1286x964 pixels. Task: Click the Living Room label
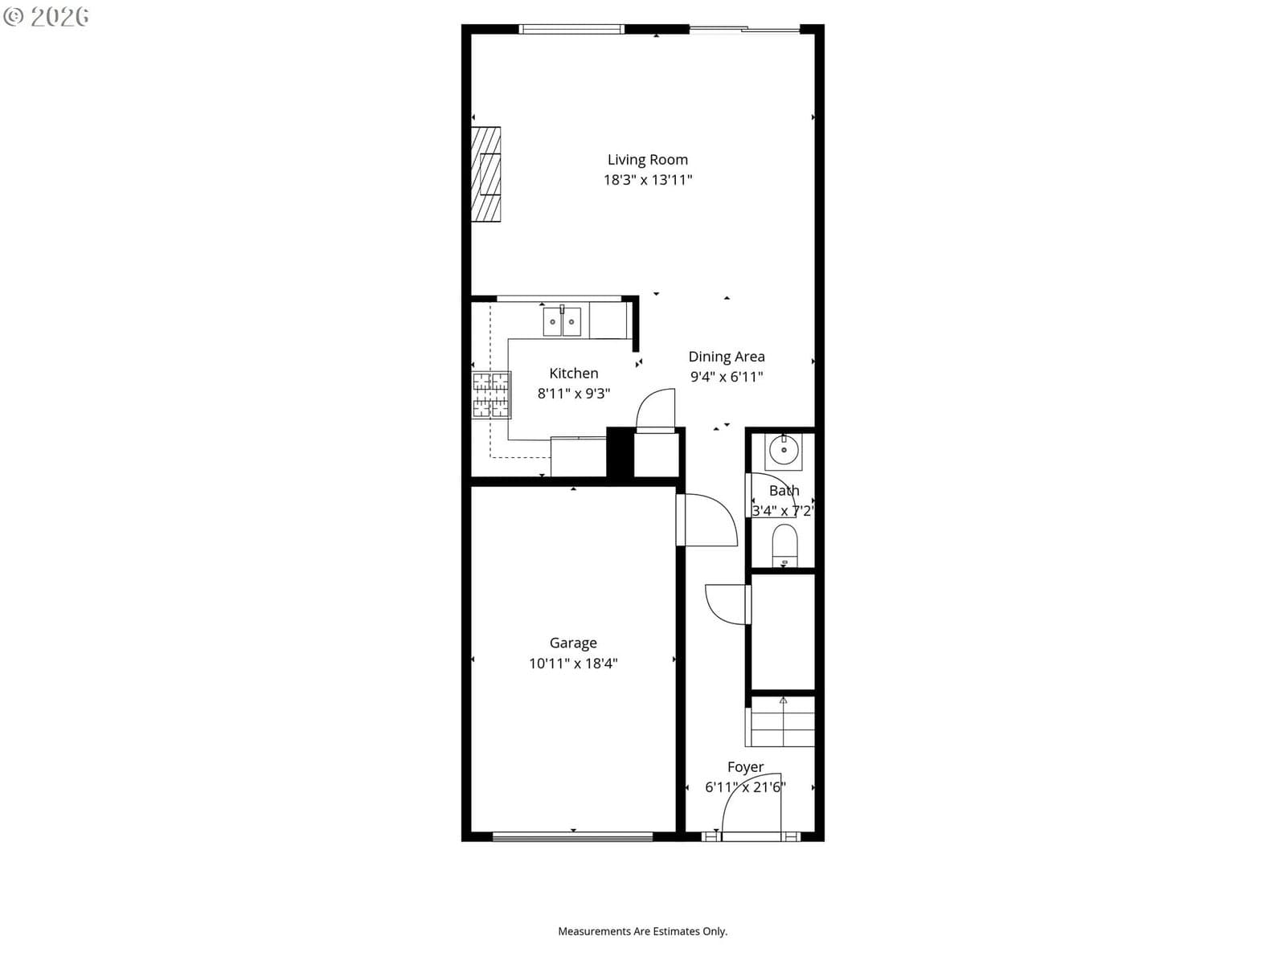click(x=647, y=160)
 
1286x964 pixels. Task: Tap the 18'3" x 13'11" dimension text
click(x=647, y=180)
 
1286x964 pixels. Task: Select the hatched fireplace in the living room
click(x=486, y=174)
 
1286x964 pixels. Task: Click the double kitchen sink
click(x=562, y=321)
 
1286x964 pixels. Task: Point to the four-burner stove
click(x=491, y=395)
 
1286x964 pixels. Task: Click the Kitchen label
click(x=574, y=374)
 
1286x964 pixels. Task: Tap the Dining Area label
click(x=727, y=357)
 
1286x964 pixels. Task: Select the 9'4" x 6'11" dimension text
click(x=727, y=376)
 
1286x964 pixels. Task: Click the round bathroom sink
click(x=784, y=450)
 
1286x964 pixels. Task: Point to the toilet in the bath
click(x=784, y=545)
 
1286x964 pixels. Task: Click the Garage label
click(x=573, y=643)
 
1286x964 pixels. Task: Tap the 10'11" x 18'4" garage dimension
click(x=573, y=664)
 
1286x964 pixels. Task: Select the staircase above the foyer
click(x=780, y=721)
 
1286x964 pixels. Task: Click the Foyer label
click(x=745, y=766)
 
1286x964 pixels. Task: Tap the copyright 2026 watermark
click(x=47, y=16)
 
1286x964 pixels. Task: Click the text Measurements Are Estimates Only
click(x=643, y=931)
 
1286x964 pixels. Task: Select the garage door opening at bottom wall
click(x=572, y=837)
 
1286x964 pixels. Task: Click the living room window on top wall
click(x=571, y=29)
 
